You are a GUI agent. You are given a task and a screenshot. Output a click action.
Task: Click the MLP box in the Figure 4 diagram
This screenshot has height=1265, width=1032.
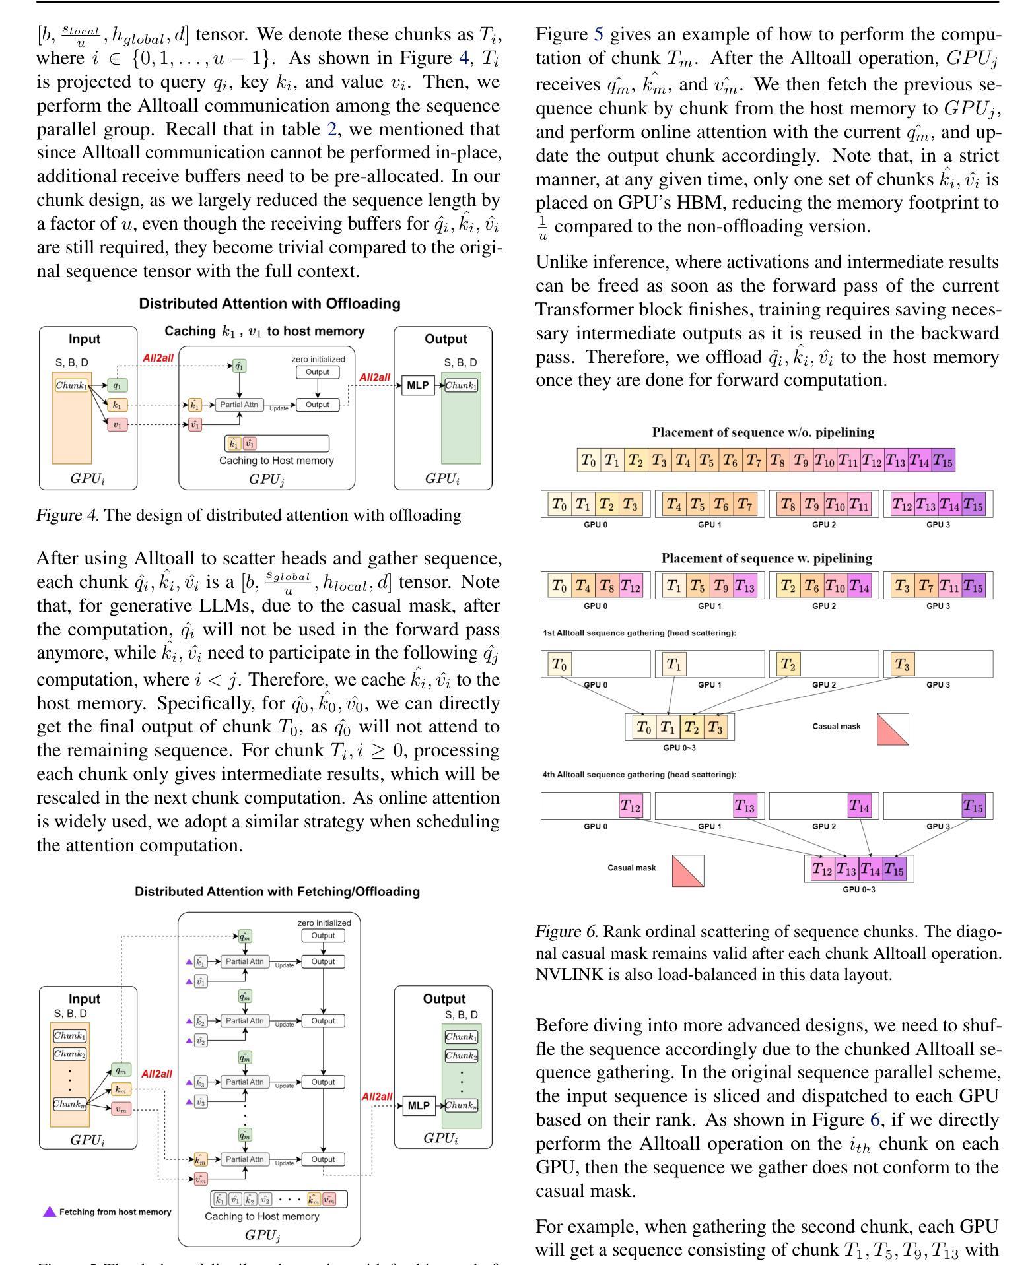[417, 385]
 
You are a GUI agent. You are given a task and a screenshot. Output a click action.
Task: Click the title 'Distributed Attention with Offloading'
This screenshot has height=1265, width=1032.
[269, 304]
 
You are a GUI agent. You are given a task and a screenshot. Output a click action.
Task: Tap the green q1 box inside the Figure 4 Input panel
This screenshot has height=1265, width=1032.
[117, 385]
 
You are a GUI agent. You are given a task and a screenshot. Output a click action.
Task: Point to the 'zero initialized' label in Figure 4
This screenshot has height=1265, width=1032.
[318, 359]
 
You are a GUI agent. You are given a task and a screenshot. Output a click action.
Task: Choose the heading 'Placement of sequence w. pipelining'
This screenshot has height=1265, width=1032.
[767, 558]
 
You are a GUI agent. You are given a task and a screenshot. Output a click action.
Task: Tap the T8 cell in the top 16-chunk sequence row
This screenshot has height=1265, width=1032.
[778, 460]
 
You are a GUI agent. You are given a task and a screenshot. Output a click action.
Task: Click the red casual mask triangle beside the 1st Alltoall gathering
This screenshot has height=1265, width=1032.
[893, 729]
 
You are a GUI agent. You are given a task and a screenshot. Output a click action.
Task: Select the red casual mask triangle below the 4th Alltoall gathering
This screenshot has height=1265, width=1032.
[688, 871]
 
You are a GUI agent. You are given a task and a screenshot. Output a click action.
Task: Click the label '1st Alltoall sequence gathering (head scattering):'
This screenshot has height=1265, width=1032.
[639, 633]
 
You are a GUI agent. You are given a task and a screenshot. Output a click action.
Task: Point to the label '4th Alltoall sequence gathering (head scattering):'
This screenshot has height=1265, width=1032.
[639, 775]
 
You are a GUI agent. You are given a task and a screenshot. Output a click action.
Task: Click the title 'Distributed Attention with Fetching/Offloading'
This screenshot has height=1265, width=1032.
[277, 892]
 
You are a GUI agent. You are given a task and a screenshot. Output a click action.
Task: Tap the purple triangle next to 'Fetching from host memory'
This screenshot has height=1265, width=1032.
[50, 1212]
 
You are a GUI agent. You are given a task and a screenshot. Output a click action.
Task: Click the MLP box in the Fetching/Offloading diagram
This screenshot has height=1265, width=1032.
[419, 1105]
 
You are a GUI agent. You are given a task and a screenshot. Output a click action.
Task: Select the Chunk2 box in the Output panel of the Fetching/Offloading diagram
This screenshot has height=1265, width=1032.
[462, 1056]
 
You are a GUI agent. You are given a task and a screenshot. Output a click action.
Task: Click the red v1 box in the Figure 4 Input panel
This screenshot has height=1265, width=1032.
[117, 425]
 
